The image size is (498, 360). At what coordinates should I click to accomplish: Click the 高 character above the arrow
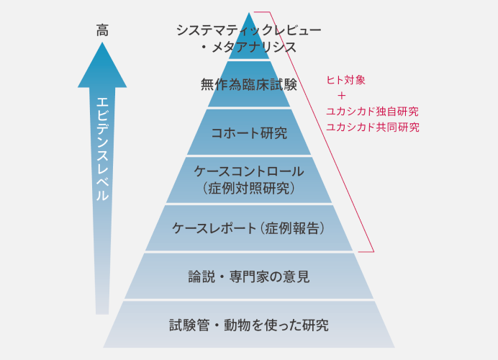pos(102,30)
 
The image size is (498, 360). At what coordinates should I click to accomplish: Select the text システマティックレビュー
pos(248,30)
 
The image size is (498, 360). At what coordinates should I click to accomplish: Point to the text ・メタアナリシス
pos(248,48)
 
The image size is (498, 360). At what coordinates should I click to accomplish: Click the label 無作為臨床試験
pos(249,85)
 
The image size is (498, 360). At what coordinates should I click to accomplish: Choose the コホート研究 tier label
pos(249,133)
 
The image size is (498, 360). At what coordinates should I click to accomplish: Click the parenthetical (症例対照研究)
pos(249,189)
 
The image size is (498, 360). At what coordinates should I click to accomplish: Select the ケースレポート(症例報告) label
pos(249,228)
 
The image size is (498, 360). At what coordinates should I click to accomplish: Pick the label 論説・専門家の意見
pos(249,276)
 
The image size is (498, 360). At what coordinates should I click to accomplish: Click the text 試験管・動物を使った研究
pos(249,324)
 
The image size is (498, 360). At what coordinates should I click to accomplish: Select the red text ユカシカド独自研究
pos(372,112)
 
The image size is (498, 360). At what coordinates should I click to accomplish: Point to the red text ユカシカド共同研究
pos(372,127)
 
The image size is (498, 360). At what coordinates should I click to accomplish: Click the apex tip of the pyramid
pos(249,13)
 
